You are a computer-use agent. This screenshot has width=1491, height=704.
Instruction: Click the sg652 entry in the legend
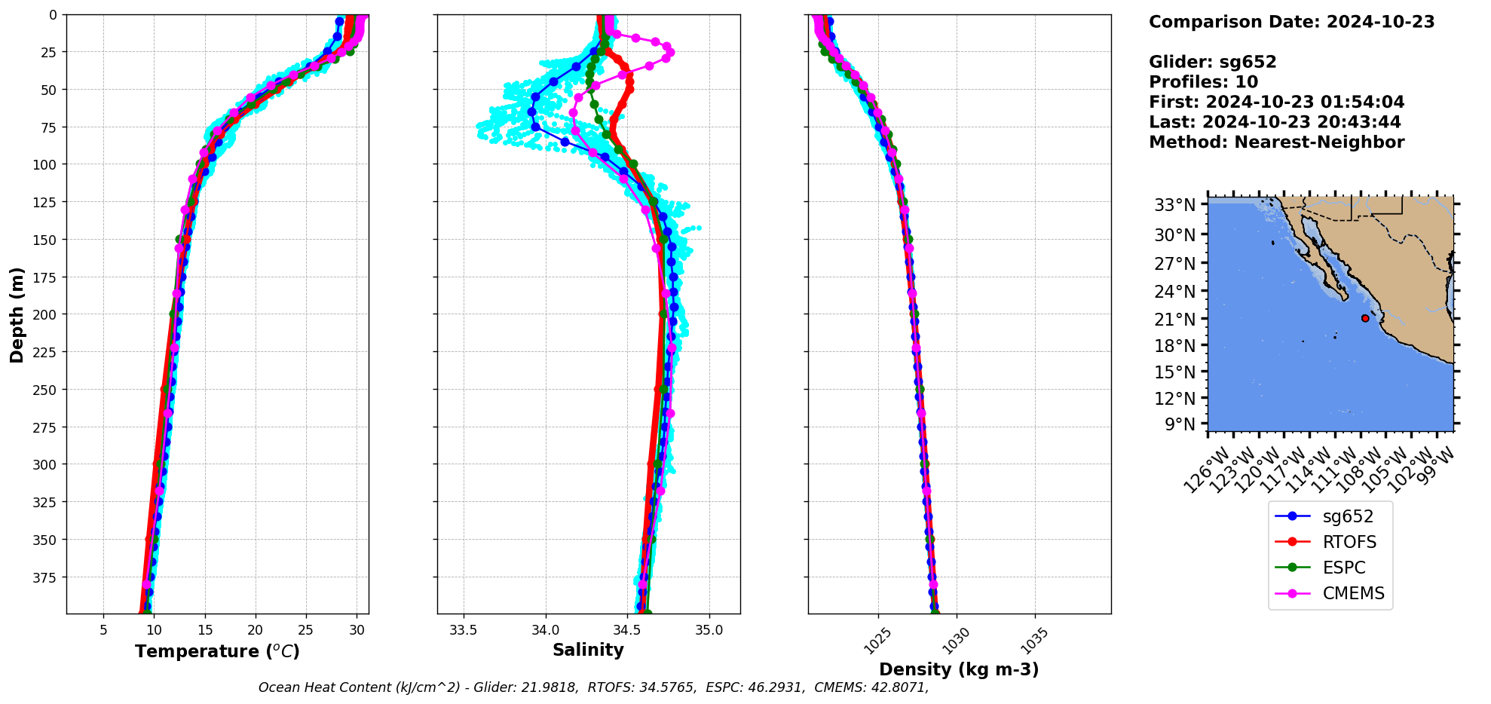[1348, 516]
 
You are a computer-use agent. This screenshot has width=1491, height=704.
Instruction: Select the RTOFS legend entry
[1349, 542]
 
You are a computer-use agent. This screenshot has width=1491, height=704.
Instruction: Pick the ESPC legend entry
[1344, 568]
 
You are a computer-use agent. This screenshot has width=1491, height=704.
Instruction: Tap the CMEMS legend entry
[1353, 593]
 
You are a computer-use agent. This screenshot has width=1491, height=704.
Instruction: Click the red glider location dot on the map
[1365, 318]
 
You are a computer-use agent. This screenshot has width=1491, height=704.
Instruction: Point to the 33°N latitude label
[1174, 205]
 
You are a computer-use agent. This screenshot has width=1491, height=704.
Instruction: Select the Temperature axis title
[217, 651]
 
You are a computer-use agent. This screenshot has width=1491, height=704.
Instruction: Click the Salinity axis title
[588, 650]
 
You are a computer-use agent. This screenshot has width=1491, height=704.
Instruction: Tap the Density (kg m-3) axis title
[959, 669]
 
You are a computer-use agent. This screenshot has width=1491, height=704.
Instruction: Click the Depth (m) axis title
[17, 314]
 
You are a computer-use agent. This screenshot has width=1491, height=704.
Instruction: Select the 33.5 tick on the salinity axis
[463, 630]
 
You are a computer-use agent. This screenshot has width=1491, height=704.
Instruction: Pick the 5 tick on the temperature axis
[103, 630]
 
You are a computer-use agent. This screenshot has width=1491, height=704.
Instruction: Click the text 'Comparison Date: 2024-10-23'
[1291, 22]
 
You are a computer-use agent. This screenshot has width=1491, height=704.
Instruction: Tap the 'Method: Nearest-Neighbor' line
[1276, 142]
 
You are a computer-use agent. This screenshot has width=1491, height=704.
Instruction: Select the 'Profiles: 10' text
[1203, 82]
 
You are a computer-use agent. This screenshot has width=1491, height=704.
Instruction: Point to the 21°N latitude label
[1174, 320]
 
